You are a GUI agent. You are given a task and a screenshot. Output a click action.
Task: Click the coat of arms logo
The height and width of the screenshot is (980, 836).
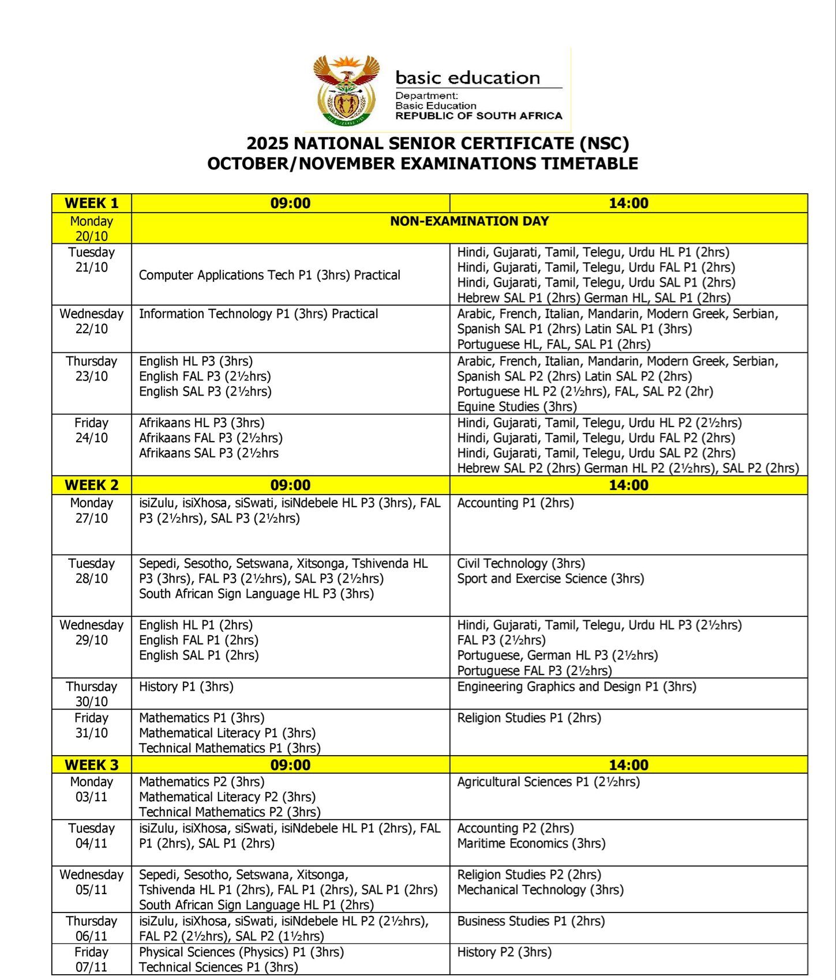345,91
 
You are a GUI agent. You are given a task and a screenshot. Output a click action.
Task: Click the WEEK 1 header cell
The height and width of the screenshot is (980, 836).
91,203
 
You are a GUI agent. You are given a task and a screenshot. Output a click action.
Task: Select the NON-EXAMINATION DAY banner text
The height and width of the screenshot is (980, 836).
469,221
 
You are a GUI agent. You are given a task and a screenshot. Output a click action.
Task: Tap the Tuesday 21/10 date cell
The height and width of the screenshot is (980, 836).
91,260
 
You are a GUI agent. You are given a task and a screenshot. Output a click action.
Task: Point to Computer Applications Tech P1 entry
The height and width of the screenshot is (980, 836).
269,276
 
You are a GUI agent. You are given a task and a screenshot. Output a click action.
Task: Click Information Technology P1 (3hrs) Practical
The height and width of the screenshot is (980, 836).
258,314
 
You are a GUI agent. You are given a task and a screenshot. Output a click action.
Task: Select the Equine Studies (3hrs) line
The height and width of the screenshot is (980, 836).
517,406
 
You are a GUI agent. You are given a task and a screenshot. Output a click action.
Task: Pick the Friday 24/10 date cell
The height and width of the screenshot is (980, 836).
91,431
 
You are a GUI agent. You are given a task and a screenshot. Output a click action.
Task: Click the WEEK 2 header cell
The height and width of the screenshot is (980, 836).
91,485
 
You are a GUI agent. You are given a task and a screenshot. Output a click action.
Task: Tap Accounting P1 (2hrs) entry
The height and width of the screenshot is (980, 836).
515,503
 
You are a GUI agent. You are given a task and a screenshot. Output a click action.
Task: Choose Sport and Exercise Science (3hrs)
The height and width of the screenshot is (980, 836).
550,579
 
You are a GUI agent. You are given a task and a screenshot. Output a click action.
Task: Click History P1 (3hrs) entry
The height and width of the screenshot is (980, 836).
186,687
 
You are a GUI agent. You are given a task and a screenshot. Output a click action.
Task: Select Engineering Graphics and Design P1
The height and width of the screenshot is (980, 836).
576,687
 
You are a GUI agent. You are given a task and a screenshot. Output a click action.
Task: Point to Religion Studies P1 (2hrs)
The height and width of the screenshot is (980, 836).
529,718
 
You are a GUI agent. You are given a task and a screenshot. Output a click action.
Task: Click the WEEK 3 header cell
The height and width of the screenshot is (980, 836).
91,765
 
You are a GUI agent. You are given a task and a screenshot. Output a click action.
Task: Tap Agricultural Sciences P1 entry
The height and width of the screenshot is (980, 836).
548,782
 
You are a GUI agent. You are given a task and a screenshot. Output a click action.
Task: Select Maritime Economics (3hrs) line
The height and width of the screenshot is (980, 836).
531,844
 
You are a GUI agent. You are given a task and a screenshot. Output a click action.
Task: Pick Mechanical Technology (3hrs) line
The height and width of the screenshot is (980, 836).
541,890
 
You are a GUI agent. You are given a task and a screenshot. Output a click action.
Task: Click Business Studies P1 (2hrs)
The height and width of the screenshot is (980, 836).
531,921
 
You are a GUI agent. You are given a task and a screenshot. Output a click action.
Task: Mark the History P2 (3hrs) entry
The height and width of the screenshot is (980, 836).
504,952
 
